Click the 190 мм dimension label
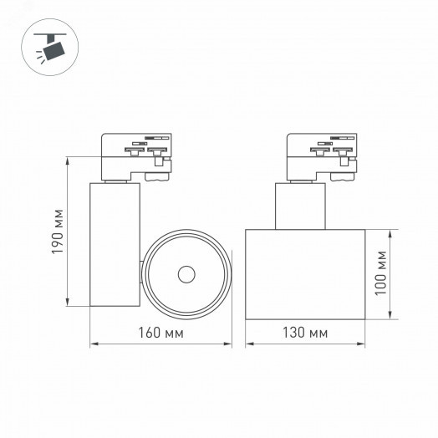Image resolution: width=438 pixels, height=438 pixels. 58,232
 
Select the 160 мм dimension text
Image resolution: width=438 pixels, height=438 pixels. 162,334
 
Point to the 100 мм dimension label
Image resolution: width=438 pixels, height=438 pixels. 381,272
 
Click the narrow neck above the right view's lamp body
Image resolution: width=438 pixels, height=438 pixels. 299,205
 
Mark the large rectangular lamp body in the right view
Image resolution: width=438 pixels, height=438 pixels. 306,272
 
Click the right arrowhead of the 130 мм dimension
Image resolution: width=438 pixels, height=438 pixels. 364,344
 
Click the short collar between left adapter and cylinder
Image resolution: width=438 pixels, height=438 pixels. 115,180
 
